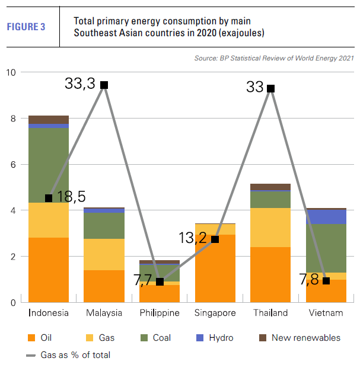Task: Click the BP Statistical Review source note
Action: (x=274, y=58)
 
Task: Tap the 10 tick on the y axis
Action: (x=11, y=72)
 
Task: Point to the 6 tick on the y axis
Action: (x=14, y=165)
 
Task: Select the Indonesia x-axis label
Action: (x=48, y=313)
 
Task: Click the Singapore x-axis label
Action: (x=215, y=313)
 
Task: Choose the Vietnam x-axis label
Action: (x=326, y=313)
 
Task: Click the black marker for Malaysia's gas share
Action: (x=104, y=85)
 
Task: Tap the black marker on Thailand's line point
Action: (x=270, y=88)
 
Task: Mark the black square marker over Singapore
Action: (x=215, y=239)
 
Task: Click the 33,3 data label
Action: (x=80, y=84)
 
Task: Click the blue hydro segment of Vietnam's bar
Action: (x=326, y=216)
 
